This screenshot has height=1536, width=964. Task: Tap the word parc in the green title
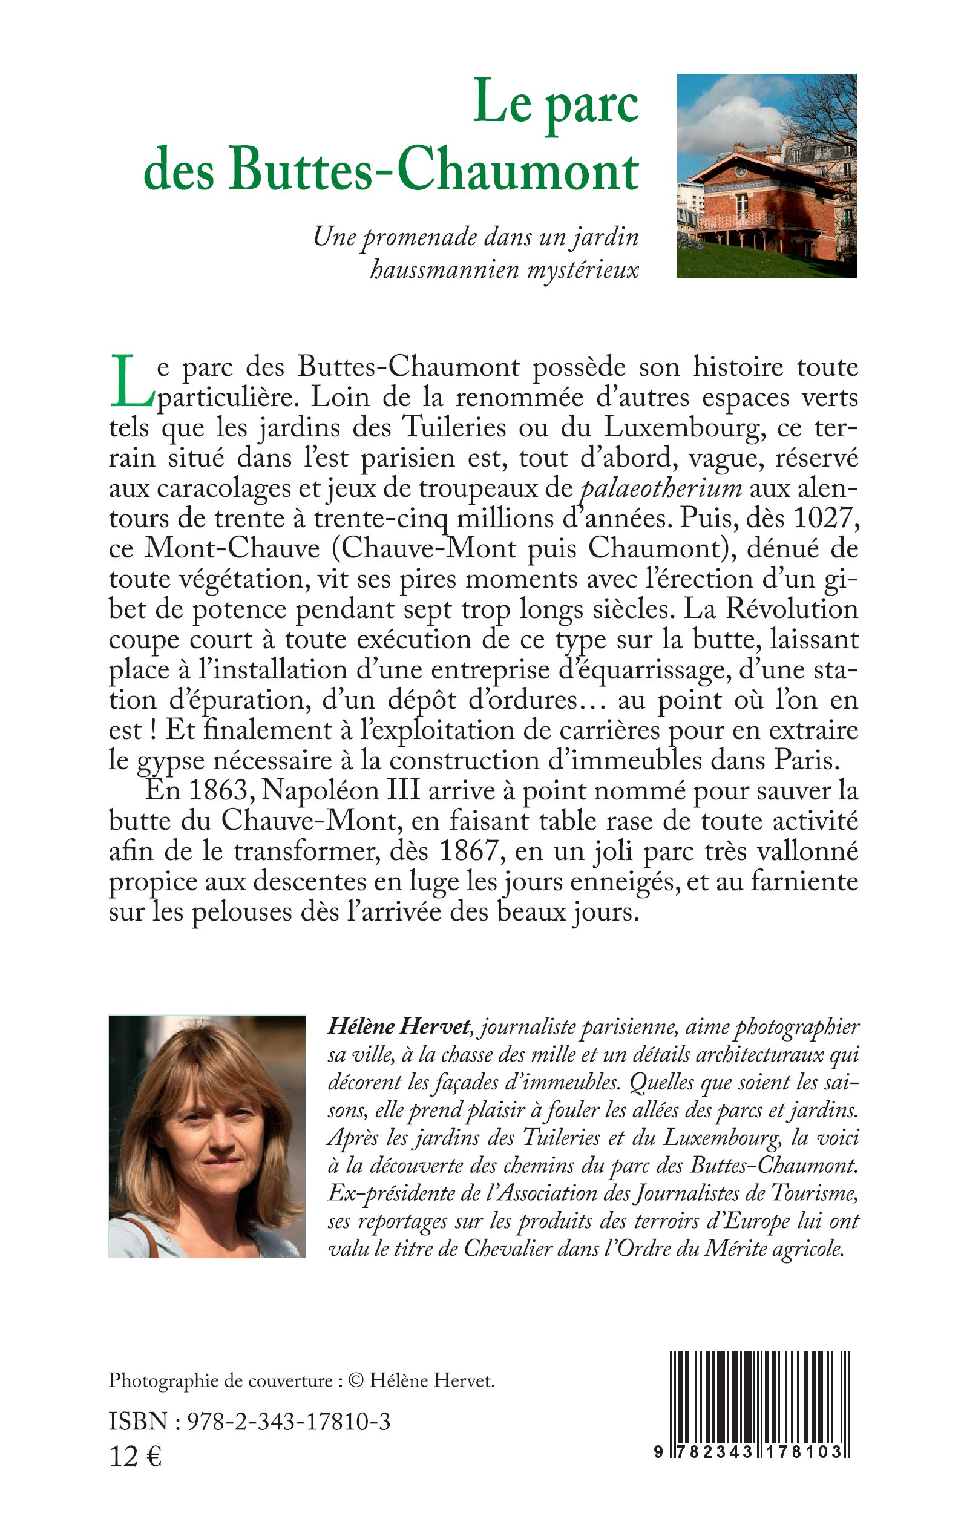tap(592, 104)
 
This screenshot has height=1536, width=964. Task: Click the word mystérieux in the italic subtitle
tap(582, 271)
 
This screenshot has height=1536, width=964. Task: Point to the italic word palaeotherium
tap(661, 489)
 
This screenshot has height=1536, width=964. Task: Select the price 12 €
tap(136, 1457)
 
